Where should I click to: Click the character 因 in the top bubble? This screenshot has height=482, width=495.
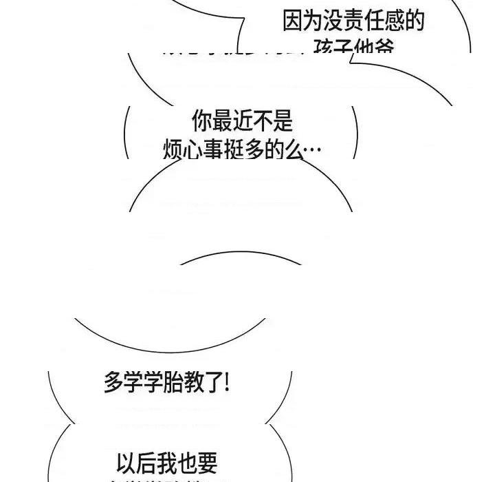tap(293, 21)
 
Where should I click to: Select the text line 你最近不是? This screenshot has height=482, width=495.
tap(242, 121)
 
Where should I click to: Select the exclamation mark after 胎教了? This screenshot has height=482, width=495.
tap(227, 382)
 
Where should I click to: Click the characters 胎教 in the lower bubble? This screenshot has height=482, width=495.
tap(178, 382)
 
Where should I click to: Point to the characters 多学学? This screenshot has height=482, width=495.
tap(134, 382)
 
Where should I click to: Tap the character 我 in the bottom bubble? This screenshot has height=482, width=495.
tap(167, 460)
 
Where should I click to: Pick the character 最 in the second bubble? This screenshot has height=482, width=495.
tap(221, 121)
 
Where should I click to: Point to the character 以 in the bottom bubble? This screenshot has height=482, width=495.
tap(126, 460)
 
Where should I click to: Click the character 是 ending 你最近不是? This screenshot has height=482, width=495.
tap(283, 121)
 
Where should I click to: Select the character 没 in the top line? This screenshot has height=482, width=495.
tap(333, 21)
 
